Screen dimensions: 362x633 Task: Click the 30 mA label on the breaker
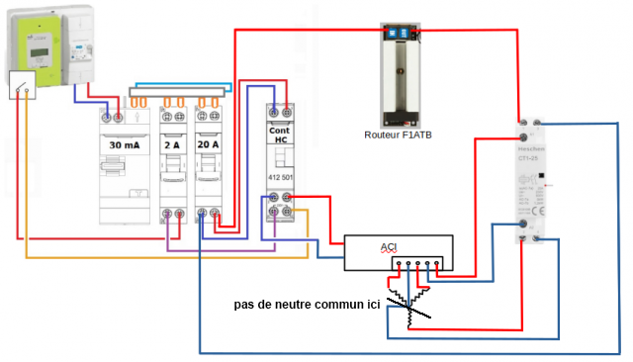pos(124,144)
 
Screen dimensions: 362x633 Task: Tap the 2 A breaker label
pos(173,144)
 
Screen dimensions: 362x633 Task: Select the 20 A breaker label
pos(208,144)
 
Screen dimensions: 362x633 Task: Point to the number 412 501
pos(280,177)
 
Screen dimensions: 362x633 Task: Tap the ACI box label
pos(390,245)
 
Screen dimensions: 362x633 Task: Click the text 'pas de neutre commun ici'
pos(307,305)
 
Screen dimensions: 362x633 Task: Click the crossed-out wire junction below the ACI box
pos(408,302)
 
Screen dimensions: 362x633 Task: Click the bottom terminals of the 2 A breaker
pos(173,215)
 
